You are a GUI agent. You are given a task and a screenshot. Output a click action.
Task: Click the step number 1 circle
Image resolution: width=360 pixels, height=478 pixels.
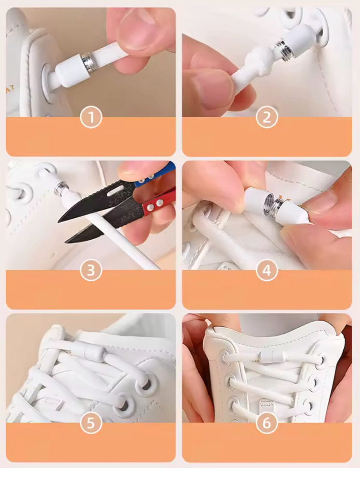click(x=91, y=117)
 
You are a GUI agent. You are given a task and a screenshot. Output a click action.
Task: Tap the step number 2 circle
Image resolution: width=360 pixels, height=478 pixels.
click(x=267, y=117)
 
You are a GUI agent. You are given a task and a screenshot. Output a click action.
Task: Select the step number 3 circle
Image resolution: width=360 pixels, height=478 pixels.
click(x=91, y=271)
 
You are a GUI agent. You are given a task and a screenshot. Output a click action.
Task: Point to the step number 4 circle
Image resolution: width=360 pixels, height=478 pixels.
click(x=267, y=271)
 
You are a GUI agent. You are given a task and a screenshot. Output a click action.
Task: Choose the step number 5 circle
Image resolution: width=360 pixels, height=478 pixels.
click(x=91, y=423)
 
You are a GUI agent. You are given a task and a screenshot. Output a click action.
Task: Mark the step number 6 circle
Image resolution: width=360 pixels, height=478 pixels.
click(x=267, y=423)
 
